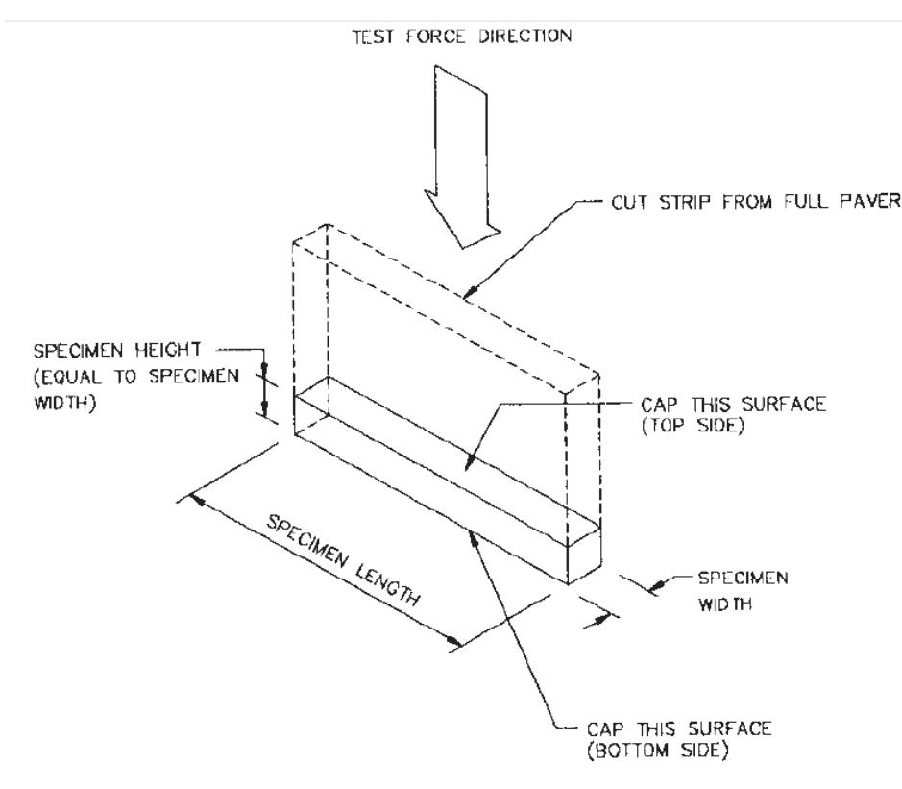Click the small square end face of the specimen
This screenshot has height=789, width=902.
(x=584, y=554)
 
